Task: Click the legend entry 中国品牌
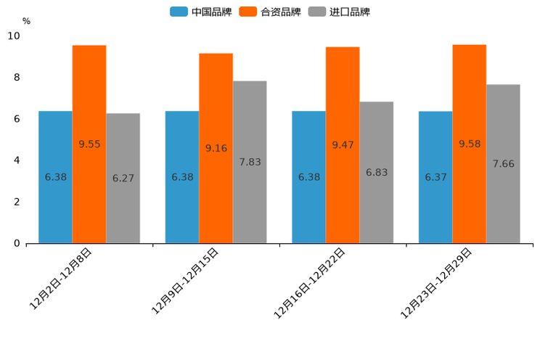coord(201,12)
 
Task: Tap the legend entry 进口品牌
coord(339,12)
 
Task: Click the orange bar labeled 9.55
coord(89,144)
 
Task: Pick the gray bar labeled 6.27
coord(123,179)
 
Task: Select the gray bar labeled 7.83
coord(250,162)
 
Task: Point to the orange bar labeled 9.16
coord(216,148)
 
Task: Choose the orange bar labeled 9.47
coord(343,145)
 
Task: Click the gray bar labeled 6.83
coord(376,173)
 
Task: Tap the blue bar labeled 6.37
coord(435,177)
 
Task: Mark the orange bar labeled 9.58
coord(469,144)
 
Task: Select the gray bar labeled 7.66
coord(503,164)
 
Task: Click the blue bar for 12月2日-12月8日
coord(55,177)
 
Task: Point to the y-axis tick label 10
coord(14,36)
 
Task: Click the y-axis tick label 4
coord(17,160)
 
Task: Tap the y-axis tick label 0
coord(17,244)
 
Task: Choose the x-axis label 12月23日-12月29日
coord(436,283)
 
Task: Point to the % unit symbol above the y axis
coord(26,21)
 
